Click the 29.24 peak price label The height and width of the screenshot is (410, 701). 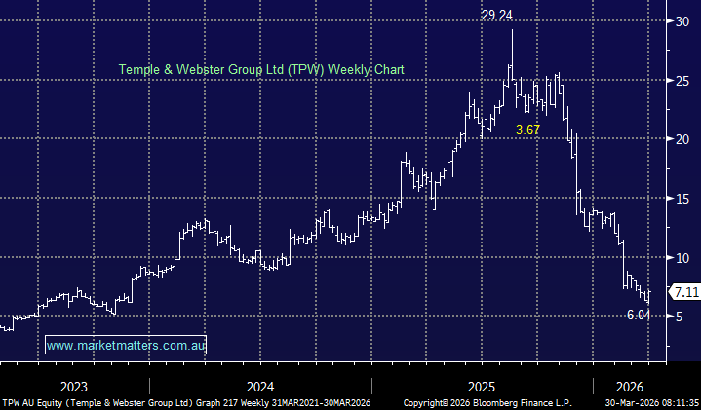[497, 15]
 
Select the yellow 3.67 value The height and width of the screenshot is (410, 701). [527, 130]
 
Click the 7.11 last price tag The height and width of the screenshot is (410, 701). [683, 291]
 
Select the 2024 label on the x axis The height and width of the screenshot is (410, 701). [260, 385]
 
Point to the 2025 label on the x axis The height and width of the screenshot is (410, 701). [483, 385]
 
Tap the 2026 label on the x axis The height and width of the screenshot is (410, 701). [629, 385]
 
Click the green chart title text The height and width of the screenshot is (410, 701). [260, 69]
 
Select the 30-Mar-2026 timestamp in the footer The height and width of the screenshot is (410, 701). [650, 401]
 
